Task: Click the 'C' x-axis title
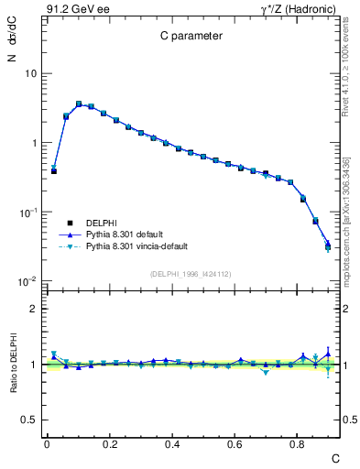335,457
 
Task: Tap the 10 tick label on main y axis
31,73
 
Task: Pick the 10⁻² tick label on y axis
28,281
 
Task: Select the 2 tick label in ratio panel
32,309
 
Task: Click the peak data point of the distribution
79,104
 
